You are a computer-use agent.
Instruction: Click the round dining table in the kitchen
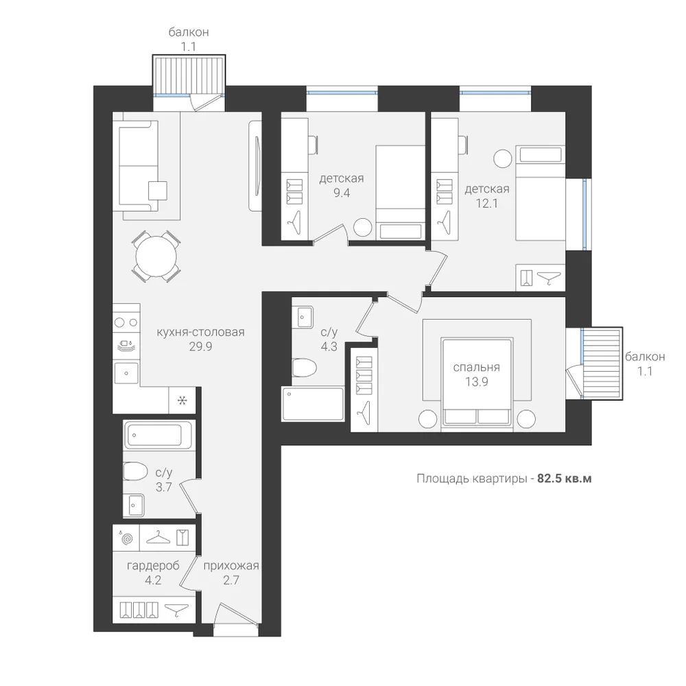[x=156, y=257]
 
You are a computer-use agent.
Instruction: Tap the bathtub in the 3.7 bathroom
[x=158, y=434]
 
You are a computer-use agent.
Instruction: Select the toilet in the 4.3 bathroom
[x=304, y=368]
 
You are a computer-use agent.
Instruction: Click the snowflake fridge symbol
[x=182, y=400]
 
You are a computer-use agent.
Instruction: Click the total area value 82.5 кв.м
[x=565, y=479]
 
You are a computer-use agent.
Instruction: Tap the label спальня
[x=477, y=368]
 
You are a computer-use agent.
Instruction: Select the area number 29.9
[x=200, y=346]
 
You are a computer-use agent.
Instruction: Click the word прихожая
[x=231, y=566]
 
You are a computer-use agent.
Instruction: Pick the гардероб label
[x=153, y=566]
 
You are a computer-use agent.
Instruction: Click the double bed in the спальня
[x=477, y=381]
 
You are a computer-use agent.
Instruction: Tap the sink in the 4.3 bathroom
[x=305, y=318]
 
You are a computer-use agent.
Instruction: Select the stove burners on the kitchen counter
[x=126, y=323]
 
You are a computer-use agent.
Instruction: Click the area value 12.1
[x=487, y=204]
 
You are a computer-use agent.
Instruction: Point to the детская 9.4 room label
[x=341, y=185]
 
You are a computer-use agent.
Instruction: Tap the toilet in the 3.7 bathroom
[x=135, y=471]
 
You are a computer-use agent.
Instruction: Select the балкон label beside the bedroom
[x=645, y=357]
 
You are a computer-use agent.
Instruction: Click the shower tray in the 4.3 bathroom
[x=313, y=404]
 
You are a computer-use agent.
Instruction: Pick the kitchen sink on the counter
[x=126, y=373]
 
